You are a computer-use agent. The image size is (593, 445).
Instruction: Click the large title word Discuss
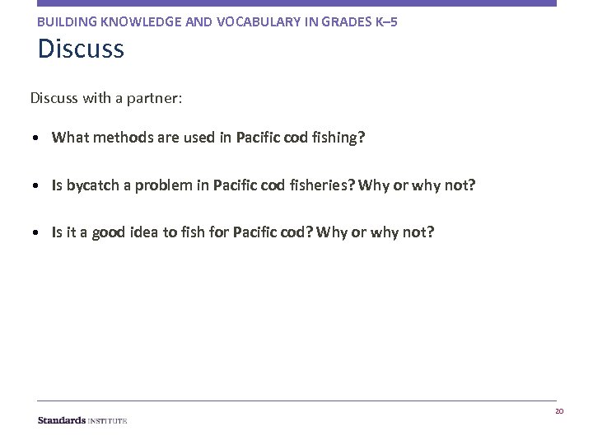81,49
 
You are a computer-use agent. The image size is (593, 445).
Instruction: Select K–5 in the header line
384,21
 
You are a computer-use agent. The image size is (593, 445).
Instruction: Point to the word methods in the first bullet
121,138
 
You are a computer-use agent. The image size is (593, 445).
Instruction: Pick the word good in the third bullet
109,232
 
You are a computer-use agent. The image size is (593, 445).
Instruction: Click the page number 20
559,411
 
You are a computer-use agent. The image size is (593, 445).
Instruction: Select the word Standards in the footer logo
62,420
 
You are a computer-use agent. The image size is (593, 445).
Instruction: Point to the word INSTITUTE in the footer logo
108,420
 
